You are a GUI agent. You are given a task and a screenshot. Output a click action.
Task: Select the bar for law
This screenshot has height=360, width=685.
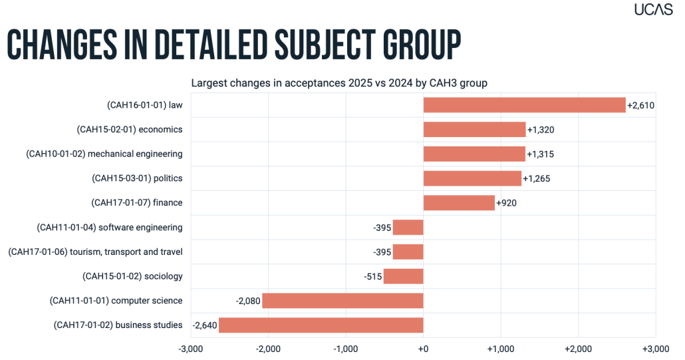tap(524, 105)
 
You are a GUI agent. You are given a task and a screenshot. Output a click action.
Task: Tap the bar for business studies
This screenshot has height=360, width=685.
tap(321, 325)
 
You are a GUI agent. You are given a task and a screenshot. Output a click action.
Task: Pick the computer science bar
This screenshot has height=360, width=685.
tap(342, 301)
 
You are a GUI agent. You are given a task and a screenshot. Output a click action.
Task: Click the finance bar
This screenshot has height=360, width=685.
tap(459, 202)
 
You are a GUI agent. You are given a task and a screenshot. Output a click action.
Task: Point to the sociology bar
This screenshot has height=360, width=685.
tap(403, 276)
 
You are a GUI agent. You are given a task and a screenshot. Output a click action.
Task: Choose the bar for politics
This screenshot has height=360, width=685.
tap(472, 178)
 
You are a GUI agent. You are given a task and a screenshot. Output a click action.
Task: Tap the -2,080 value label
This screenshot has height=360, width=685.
tap(248, 301)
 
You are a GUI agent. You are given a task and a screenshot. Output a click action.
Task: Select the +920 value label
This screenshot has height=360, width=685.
tap(508, 202)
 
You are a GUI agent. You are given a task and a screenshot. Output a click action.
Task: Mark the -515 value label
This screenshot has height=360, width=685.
tap(372, 276)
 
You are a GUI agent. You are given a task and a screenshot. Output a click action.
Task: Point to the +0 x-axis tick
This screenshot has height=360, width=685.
tap(423, 349)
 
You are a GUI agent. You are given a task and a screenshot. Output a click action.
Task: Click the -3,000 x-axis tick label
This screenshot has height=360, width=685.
tap(191, 349)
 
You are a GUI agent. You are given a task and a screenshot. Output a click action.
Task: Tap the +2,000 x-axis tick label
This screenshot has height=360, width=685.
tap(578, 349)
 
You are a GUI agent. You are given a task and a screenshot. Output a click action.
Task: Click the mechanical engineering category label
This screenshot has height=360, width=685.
tap(104, 154)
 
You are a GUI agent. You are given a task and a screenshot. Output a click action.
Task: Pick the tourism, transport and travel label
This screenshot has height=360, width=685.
tap(95, 252)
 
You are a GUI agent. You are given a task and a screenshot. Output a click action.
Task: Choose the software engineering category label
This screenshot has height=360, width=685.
tap(110, 227)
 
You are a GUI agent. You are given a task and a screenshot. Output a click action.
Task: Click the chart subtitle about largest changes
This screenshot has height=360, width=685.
tap(340, 83)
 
